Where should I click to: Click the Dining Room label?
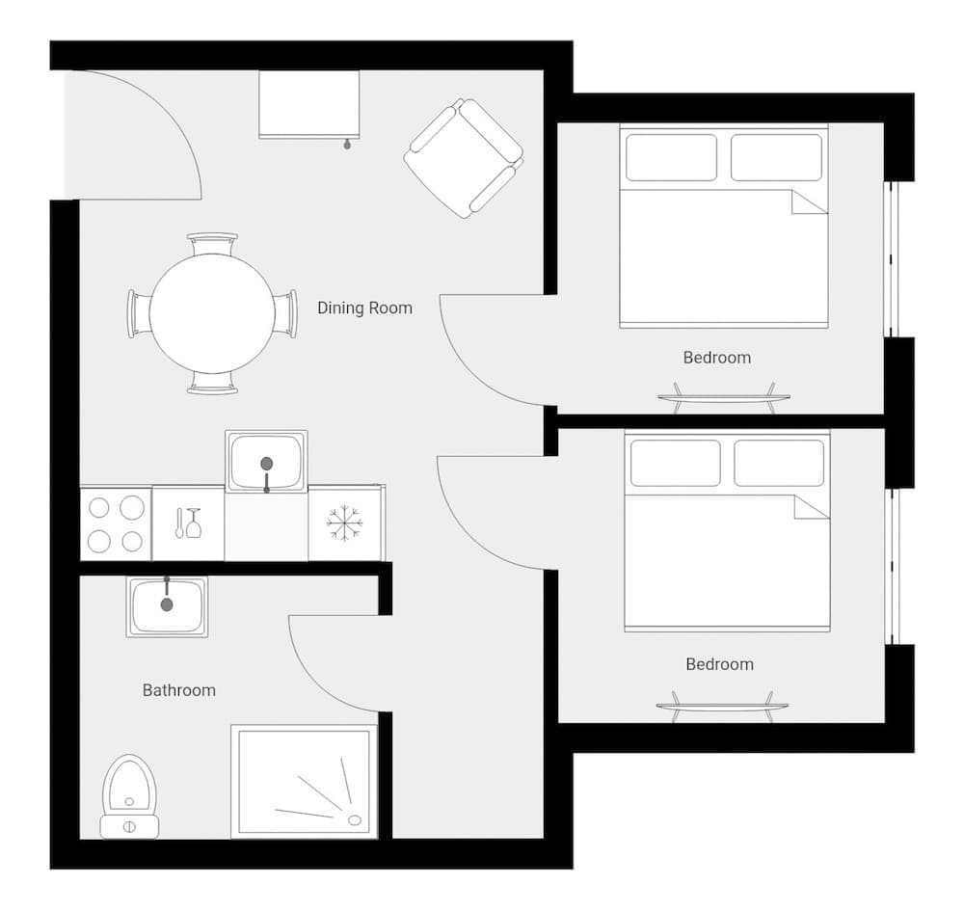pyautogui.click(x=364, y=308)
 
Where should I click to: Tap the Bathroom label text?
pyautogui.click(x=179, y=690)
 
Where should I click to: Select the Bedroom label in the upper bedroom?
pyautogui.click(x=716, y=358)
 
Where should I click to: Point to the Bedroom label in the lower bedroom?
pyautogui.click(x=719, y=664)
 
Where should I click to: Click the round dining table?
pyautogui.click(x=212, y=313)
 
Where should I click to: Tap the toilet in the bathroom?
pyautogui.click(x=129, y=796)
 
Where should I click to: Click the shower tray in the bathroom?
pyautogui.click(x=303, y=782)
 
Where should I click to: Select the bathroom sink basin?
pyautogui.click(x=167, y=605)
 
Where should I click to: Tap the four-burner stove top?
pyautogui.click(x=115, y=523)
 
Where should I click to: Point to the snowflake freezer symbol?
pyautogui.click(x=344, y=523)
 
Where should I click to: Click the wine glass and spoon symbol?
pyautogui.click(x=187, y=523)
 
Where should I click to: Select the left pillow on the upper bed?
pyautogui.click(x=671, y=157)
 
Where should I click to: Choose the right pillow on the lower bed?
pyautogui.click(x=779, y=463)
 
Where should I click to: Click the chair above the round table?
pyautogui.click(x=212, y=243)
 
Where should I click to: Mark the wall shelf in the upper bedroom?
pyautogui.click(x=723, y=397)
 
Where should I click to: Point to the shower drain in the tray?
pyautogui.click(x=355, y=820)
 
